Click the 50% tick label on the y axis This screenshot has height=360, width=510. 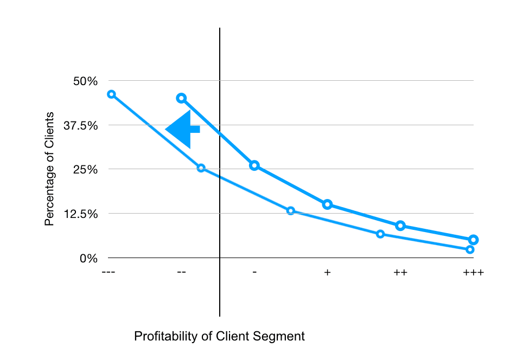pos(85,81)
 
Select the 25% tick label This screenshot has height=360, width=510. pos(85,170)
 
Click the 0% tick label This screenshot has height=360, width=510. pos(88,259)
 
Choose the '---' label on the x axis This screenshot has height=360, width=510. pos(109,272)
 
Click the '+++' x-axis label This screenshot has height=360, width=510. pos(473,272)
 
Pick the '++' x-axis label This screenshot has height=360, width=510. pos(400,272)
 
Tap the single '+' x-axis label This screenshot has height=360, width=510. pos(327,272)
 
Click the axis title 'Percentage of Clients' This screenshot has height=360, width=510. pos(49,169)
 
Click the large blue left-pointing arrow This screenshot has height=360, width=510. pos(182,129)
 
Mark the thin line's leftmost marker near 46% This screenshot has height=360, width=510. pos(111,94)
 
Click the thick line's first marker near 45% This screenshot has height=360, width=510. pos(182,98)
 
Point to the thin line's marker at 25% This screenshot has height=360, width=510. pos(201,168)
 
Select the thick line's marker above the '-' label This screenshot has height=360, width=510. pos(254,165)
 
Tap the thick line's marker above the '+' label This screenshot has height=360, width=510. pos(327,204)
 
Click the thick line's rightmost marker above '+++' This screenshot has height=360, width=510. pos(473,240)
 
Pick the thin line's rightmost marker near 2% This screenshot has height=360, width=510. pos(470,249)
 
